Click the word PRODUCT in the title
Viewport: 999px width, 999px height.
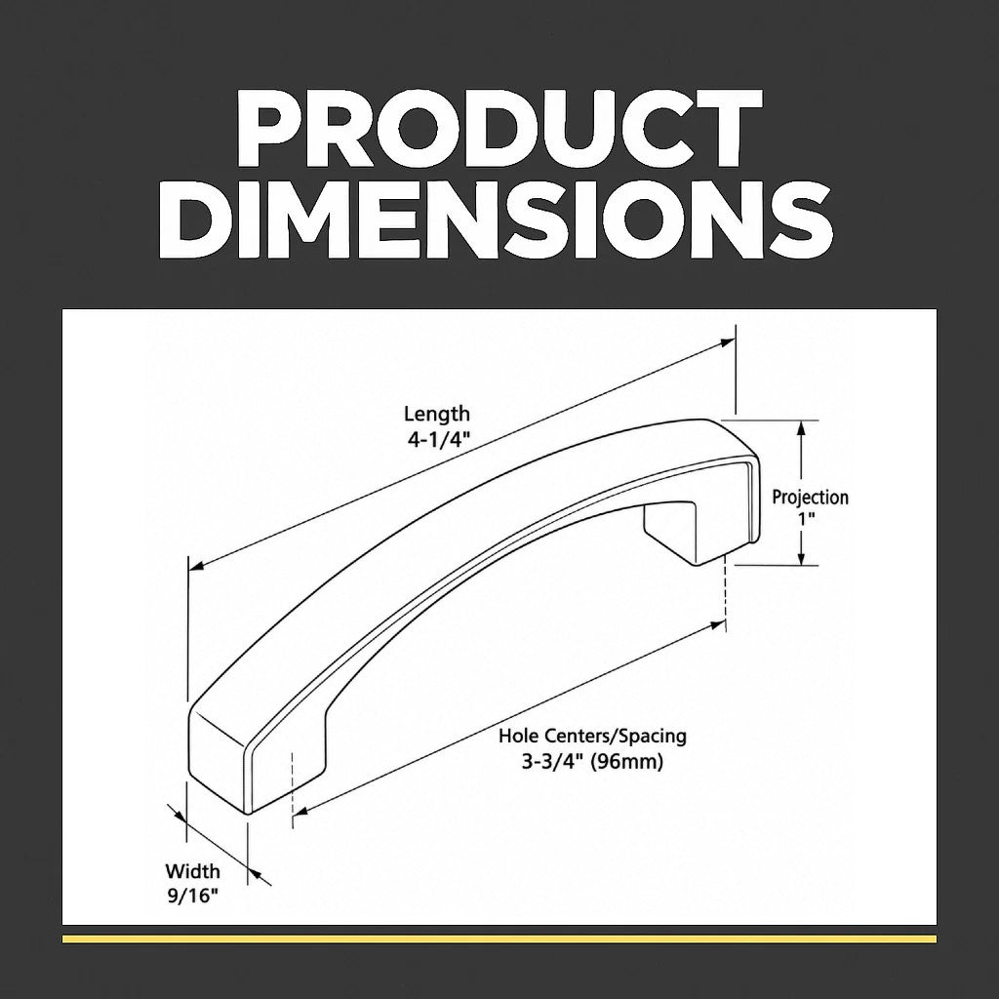click(x=499, y=129)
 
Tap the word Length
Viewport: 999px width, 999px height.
click(x=437, y=415)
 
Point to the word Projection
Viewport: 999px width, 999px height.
click(x=811, y=498)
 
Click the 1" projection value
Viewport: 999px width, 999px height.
click(x=807, y=519)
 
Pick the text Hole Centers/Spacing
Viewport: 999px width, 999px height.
click(x=592, y=737)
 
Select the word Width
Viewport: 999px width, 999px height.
click(x=192, y=871)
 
